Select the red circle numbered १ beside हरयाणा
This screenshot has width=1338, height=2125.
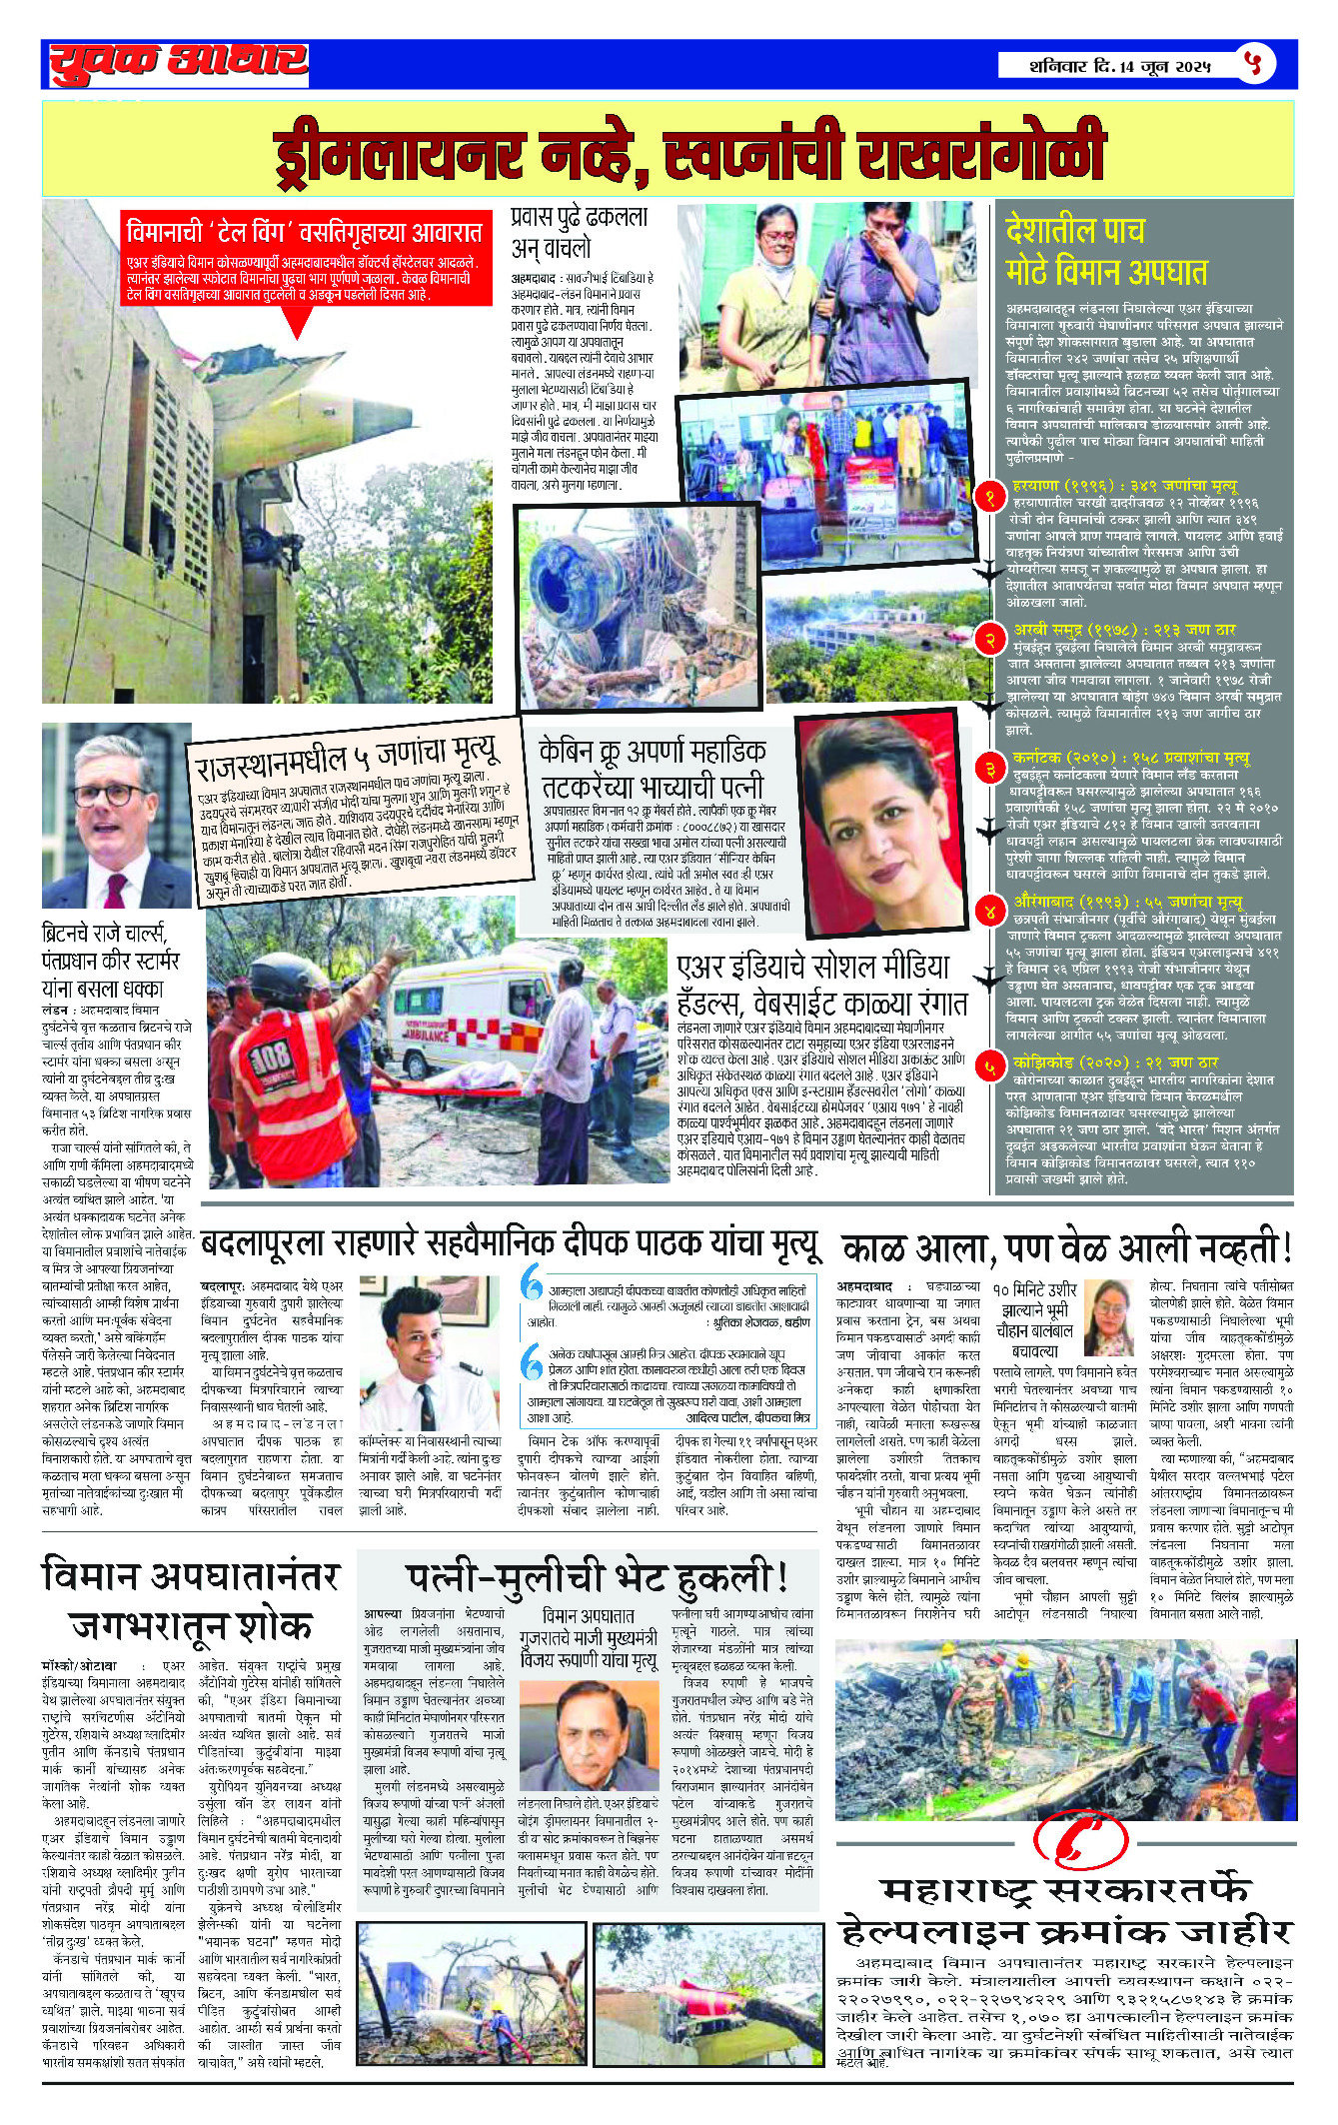coord(989,497)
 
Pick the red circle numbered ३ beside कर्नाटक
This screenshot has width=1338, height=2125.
coord(989,769)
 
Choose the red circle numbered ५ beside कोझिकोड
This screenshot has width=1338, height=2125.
coord(989,1066)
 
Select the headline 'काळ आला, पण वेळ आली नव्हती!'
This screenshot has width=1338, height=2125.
coord(1065,1249)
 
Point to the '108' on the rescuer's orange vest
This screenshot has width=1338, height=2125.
coord(270,1054)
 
